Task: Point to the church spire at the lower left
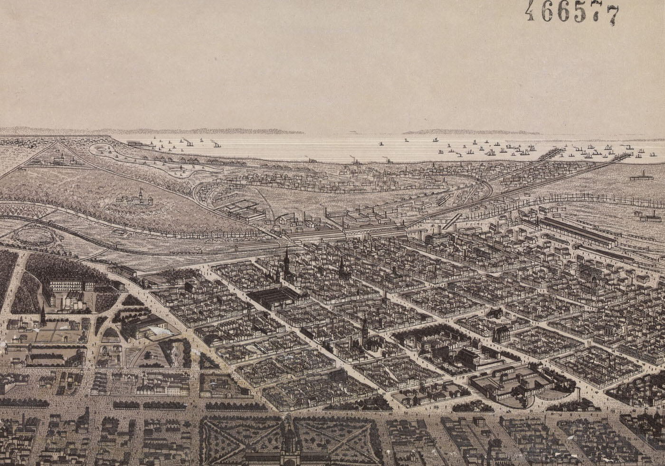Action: (x=43, y=315)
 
